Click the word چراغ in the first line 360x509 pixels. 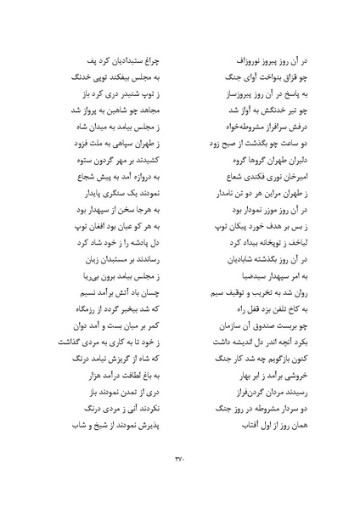pyautogui.click(x=160, y=63)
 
